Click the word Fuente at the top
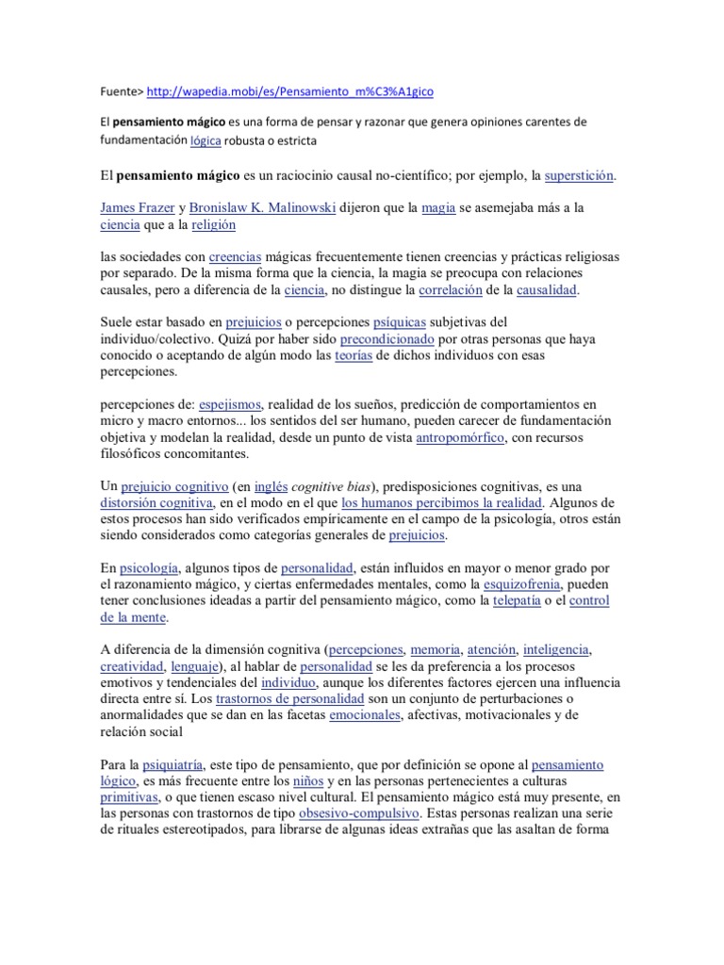click(122, 90)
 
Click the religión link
click(213, 225)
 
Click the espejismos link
click(230, 404)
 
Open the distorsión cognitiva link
click(157, 502)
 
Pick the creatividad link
click(134, 666)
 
